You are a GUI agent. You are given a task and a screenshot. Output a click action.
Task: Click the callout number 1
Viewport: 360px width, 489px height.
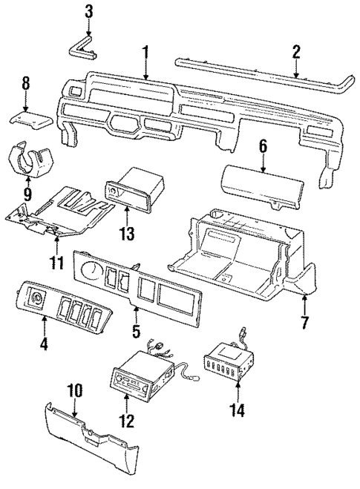pyautogui.click(x=146, y=51)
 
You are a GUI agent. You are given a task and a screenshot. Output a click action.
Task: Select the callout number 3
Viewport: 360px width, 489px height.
pyautogui.click(x=88, y=11)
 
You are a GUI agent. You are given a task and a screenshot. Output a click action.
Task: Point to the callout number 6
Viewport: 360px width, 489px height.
pyautogui.click(x=262, y=148)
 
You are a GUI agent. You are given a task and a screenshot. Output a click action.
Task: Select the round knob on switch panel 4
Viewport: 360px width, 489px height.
pyautogui.click(x=34, y=300)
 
